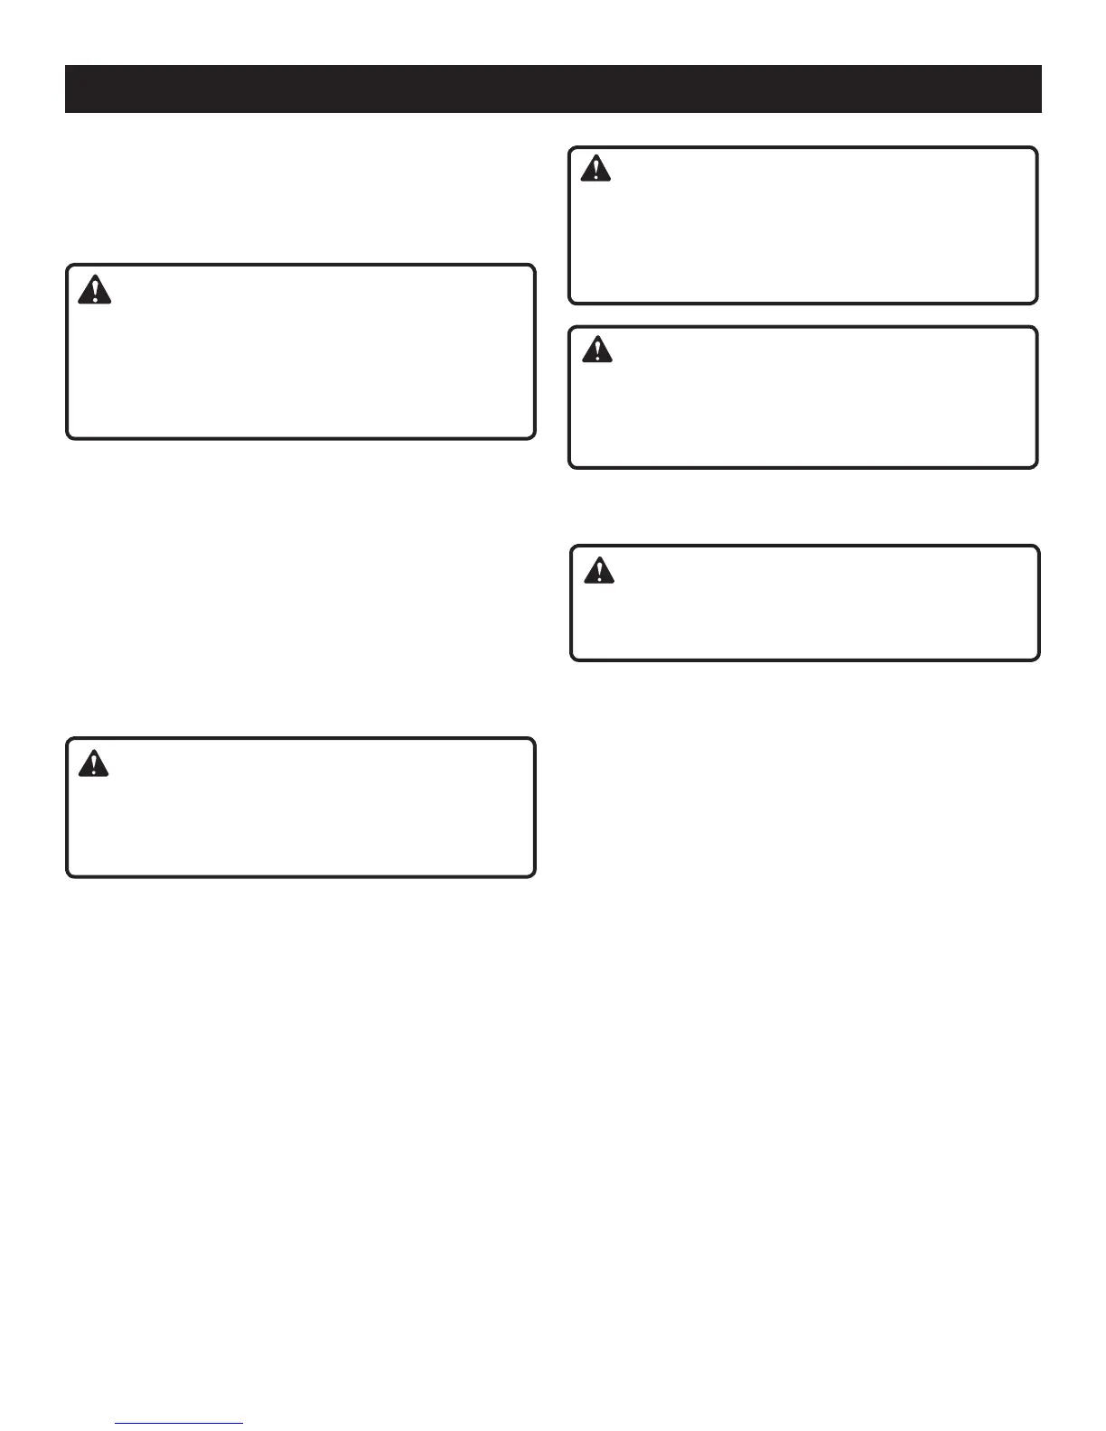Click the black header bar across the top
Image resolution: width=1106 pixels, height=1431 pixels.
coord(553,89)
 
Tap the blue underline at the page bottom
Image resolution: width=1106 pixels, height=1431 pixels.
coord(180,1424)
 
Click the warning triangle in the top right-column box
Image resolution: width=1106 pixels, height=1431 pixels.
coord(595,169)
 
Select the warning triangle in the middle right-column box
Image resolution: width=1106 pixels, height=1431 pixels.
coord(596,350)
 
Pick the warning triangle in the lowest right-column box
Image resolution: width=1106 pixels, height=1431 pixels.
coord(598,570)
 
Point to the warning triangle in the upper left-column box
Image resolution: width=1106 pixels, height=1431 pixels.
coord(94,289)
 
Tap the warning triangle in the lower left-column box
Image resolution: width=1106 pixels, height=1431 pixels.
coord(93,763)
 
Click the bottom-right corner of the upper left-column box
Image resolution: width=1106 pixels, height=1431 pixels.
coord(533,437)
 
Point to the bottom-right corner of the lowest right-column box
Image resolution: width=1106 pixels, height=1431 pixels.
coord(1037,659)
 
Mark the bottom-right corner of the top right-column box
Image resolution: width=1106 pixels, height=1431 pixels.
coord(1036,302)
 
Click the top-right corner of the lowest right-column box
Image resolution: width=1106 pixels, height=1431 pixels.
coord(1037,547)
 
